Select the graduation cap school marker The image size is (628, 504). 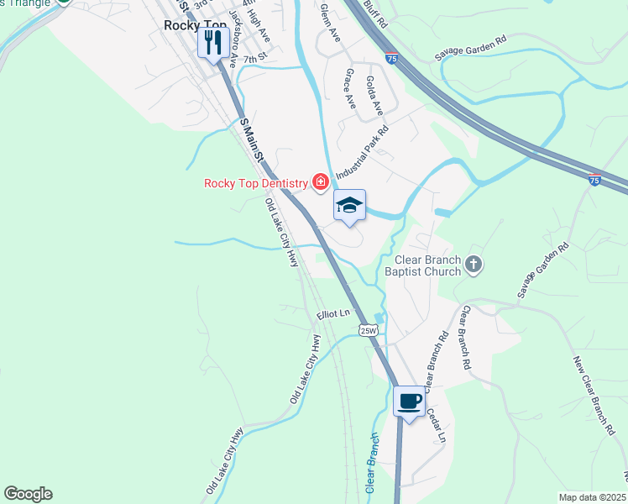click(x=350, y=205)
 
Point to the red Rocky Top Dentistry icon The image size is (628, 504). click(x=320, y=181)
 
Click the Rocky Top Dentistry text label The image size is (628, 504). click(x=256, y=182)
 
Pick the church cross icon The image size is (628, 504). click(x=474, y=265)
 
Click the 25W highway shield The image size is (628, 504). click(x=369, y=330)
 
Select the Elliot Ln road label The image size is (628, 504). click(x=332, y=313)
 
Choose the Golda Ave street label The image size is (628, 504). click(x=374, y=95)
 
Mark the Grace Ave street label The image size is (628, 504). click(x=350, y=89)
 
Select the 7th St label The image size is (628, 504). click(x=254, y=59)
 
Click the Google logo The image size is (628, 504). click(x=29, y=494)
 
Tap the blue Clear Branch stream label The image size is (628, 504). click(x=371, y=463)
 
